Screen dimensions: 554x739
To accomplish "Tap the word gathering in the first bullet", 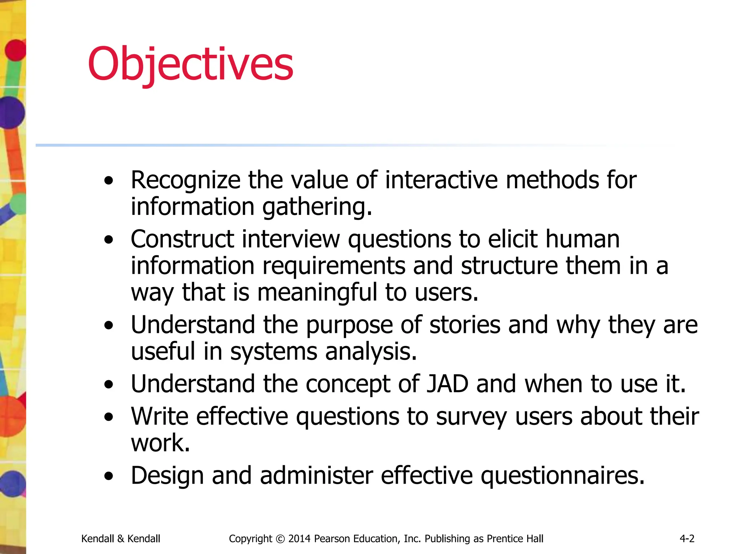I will (317, 207).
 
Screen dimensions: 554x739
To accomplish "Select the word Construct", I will (182, 239).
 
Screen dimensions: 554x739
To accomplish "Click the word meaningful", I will (317, 292).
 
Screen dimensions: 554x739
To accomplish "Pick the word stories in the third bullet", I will (465, 325).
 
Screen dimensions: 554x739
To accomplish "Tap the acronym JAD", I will (447, 384).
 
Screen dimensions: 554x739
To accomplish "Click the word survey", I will (471, 417).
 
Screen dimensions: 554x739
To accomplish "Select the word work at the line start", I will (160, 443).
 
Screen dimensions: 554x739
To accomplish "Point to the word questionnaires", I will (563, 476).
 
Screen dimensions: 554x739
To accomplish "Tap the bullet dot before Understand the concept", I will (109, 384).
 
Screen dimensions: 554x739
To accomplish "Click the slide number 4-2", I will (687, 538).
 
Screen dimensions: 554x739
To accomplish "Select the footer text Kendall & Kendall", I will (121, 538).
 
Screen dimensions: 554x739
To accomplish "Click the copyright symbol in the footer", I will (280, 539).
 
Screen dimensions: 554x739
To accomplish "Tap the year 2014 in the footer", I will (299, 538).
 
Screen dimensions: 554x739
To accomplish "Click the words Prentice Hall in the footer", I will (515, 538).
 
